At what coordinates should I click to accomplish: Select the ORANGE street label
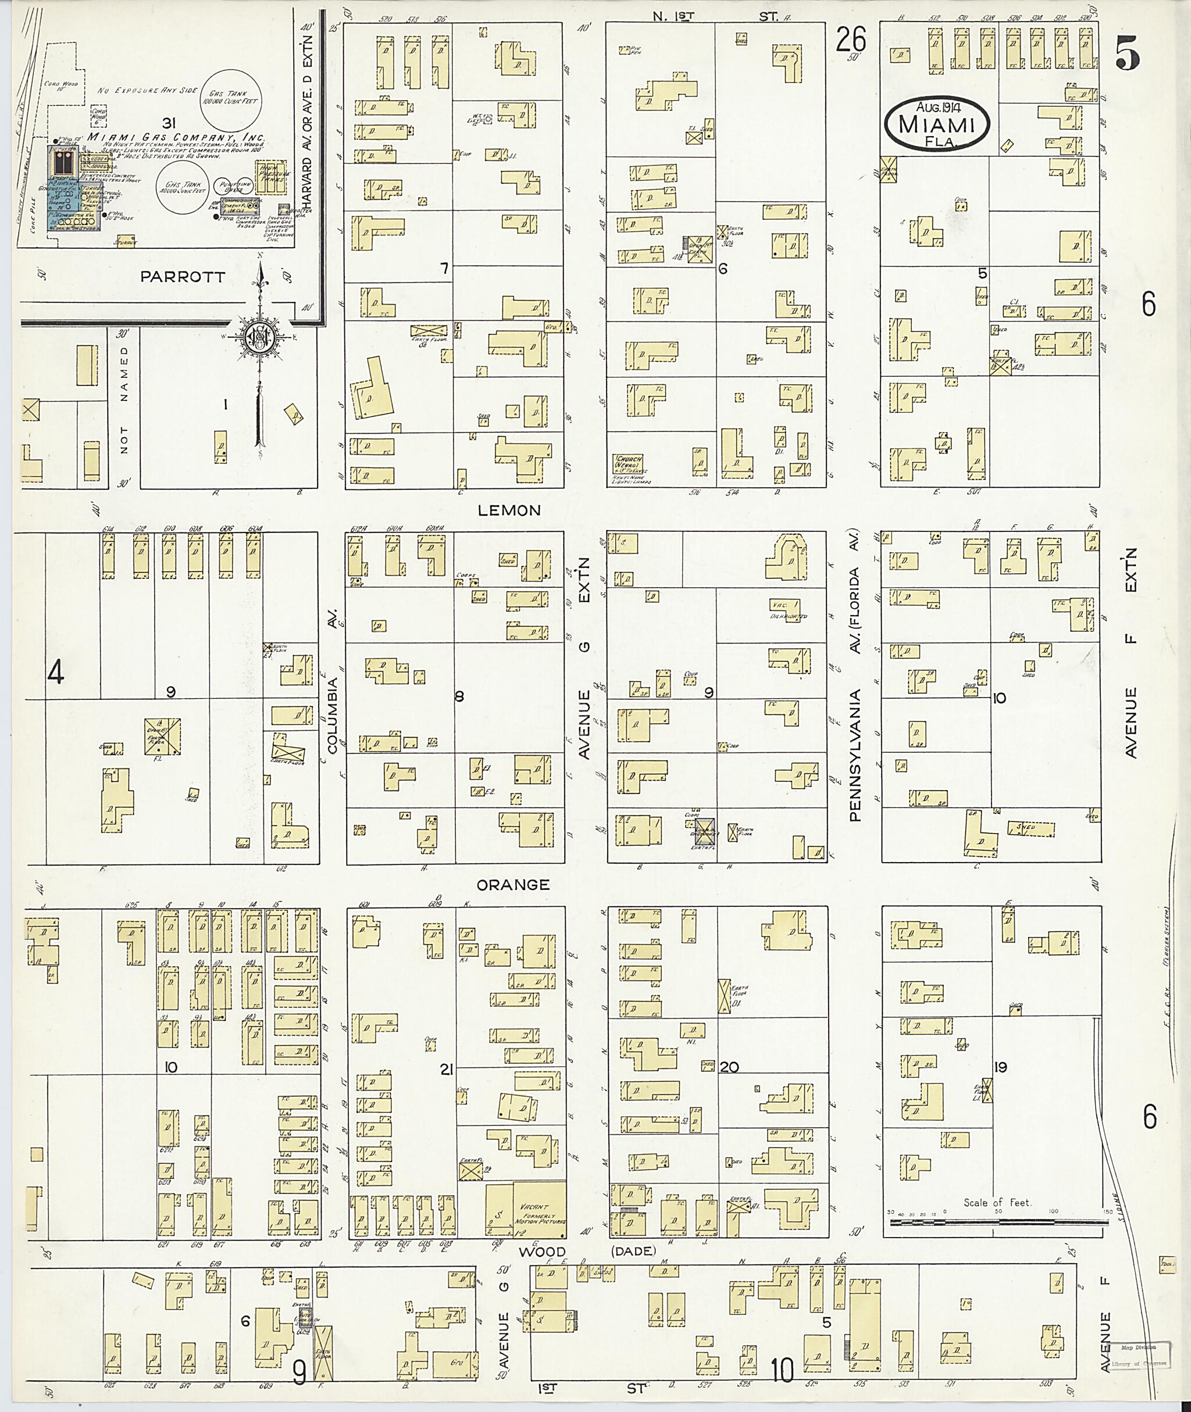pos(512,885)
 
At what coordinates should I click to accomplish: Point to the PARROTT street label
pos(181,277)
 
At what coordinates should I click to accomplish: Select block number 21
pos(445,1069)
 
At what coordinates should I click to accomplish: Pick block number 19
pos(1001,1067)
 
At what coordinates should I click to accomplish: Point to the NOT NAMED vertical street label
pos(123,401)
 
